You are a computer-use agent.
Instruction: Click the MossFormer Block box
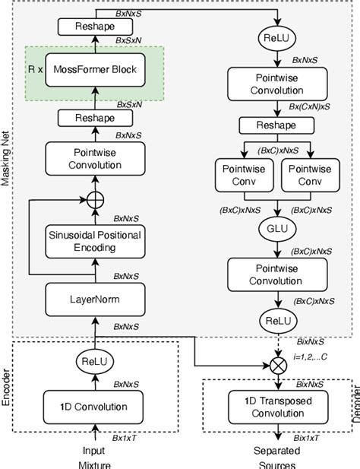pos(95,71)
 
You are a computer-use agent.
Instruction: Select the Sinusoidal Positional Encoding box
pos(96,241)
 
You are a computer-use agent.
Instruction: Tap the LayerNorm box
pos(96,299)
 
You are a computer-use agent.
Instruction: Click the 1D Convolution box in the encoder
pos(95,407)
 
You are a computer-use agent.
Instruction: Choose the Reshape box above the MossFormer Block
pos(96,27)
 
